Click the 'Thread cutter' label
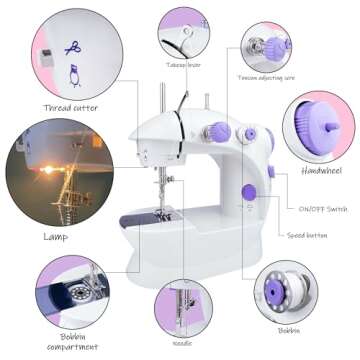[70, 107]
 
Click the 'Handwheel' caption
[321, 171]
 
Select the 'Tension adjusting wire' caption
[266, 76]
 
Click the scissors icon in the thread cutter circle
[72, 47]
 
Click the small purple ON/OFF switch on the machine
[270, 172]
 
